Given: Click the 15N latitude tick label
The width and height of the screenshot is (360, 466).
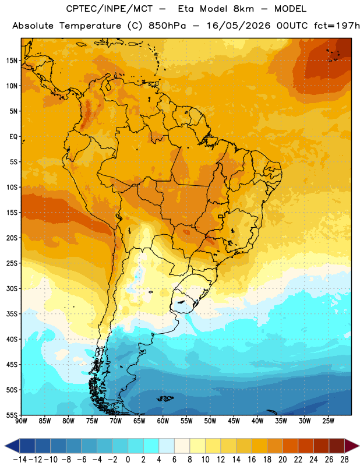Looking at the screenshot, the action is pyautogui.click(x=12, y=61).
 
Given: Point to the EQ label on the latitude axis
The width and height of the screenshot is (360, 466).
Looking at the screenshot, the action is pyautogui.click(x=13, y=137).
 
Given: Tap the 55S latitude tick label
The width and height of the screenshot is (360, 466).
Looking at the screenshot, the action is pyautogui.click(x=12, y=415).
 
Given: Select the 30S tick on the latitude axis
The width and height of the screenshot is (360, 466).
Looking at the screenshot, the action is pyautogui.click(x=12, y=288).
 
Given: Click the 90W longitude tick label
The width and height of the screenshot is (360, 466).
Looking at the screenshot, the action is pyautogui.click(x=21, y=421).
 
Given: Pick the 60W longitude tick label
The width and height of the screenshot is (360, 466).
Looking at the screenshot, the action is pyautogui.click(x=163, y=421).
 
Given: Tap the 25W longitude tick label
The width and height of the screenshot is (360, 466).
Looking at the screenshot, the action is pyautogui.click(x=328, y=421).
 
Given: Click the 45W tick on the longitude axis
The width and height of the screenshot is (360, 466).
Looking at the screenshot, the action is pyautogui.click(x=234, y=421).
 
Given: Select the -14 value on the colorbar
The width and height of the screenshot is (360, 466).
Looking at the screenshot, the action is pyautogui.click(x=20, y=460).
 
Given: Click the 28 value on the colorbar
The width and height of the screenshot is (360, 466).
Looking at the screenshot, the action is pyautogui.click(x=344, y=460).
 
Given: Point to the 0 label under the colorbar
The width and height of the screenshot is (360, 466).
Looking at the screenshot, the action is pyautogui.click(x=128, y=460).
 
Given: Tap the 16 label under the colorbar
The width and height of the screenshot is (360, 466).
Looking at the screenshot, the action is pyautogui.click(x=252, y=460).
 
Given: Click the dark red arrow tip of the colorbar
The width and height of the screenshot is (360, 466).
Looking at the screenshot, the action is pyautogui.click(x=359, y=446).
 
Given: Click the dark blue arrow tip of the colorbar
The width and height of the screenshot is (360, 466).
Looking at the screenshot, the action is pyautogui.click(x=5, y=446).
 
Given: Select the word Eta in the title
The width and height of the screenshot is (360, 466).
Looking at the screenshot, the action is pyautogui.click(x=185, y=9).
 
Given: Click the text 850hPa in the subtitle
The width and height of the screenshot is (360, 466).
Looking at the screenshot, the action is pyautogui.click(x=167, y=26).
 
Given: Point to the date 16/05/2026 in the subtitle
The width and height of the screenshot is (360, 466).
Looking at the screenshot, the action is pyautogui.click(x=238, y=26).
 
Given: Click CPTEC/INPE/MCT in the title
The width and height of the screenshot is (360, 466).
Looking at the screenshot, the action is pyautogui.click(x=109, y=9).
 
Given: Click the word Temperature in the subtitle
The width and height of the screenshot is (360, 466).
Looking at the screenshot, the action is pyautogui.click(x=90, y=26).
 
